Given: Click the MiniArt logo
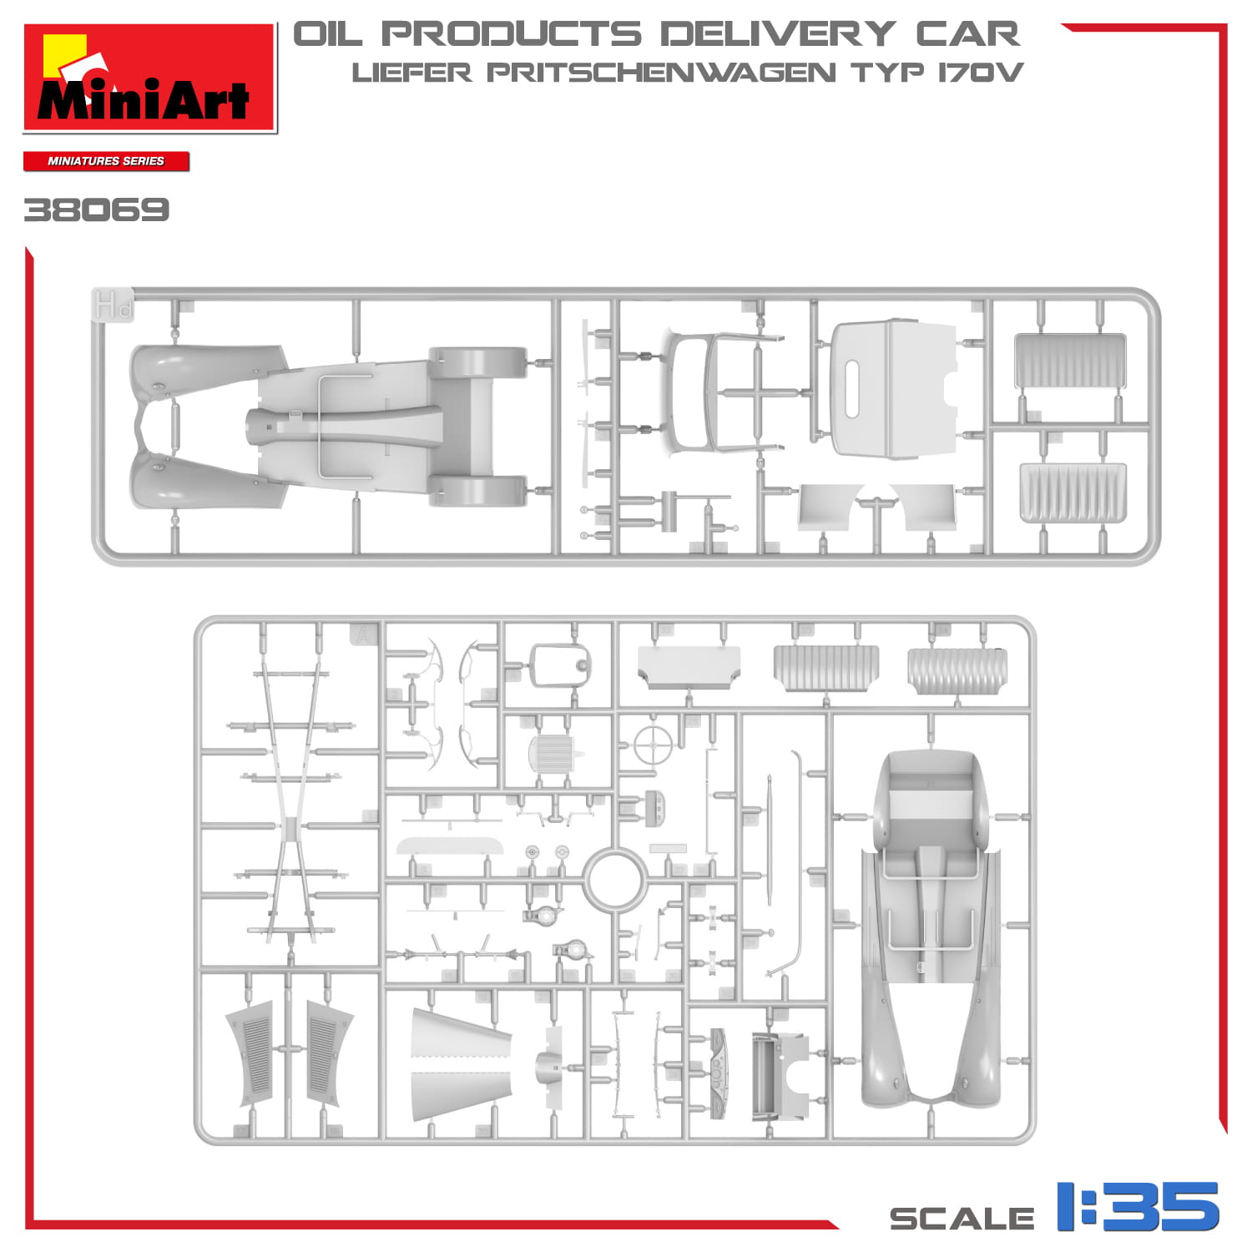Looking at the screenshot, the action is coord(150,78).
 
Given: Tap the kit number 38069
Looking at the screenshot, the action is coord(96,210).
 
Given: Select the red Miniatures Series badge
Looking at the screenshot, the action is coord(106,161).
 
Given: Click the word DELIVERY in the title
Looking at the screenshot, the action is coord(778,35).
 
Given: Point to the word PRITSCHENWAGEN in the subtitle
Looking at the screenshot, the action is coord(661,73).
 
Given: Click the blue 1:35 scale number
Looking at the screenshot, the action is coord(1138,1206).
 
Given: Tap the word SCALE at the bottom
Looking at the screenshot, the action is coord(962,1219).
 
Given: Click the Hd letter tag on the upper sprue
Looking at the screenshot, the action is coord(112,305).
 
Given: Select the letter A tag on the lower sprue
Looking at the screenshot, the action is coord(364,634).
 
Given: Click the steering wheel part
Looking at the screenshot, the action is coord(653,745).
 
